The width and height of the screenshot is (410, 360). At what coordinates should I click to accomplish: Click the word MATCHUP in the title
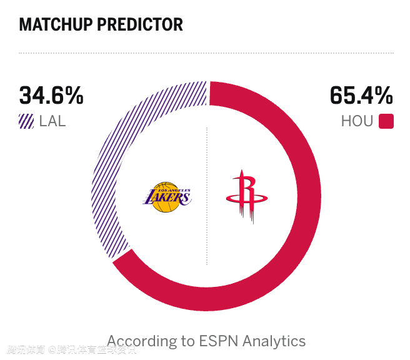[54, 25]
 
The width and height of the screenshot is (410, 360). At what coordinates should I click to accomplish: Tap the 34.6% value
[51, 96]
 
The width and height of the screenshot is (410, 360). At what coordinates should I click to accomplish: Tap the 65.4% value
[361, 96]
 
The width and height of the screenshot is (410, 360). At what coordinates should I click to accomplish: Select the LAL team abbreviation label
[52, 121]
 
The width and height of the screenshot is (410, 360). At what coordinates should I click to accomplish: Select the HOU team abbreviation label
[357, 121]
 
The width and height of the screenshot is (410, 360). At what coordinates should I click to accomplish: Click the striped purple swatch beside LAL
[26, 121]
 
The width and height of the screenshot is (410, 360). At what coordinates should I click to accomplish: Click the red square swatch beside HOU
[386, 121]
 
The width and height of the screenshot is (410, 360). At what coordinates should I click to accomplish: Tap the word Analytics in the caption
[274, 341]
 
